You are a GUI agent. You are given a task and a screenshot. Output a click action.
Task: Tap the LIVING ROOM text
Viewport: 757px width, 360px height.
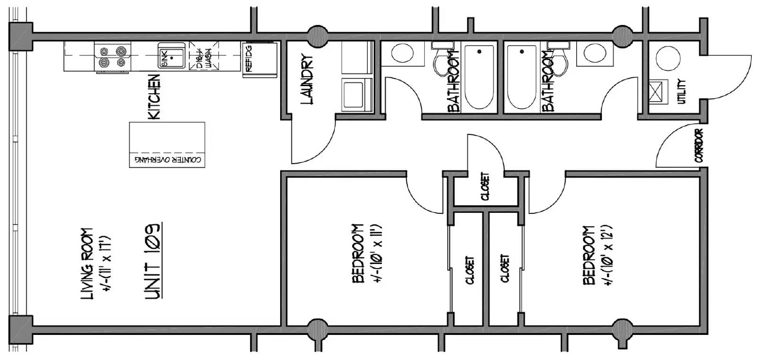point(87,264)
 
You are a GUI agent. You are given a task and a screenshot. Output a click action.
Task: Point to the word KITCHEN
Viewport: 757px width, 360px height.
point(154,97)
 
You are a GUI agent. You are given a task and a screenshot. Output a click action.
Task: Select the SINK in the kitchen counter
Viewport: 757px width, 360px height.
point(172,55)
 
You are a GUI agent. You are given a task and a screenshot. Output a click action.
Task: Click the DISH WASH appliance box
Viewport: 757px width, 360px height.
point(204,56)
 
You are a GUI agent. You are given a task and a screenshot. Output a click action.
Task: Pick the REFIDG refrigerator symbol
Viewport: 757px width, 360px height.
point(260,60)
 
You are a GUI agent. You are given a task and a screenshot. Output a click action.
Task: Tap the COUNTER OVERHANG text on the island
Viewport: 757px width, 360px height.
point(167,159)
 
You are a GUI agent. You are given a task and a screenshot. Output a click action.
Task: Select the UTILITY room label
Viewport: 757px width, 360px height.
point(682,91)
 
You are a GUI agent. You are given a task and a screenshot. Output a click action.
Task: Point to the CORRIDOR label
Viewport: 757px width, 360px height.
point(699,145)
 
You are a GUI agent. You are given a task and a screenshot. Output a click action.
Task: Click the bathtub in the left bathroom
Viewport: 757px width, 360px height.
point(479,77)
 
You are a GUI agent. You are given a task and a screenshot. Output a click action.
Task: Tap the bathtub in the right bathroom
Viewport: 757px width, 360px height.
point(522,77)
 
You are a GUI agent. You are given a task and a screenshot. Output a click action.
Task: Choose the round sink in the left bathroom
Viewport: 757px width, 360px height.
point(402,53)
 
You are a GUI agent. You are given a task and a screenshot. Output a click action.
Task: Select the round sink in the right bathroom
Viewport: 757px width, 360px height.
point(595,53)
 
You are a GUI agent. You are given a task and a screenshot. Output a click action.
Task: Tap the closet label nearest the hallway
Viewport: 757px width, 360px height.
point(485,186)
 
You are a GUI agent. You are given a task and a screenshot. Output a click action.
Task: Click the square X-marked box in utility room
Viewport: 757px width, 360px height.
point(658,92)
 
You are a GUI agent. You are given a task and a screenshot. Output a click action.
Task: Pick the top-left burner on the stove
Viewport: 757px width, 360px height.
point(104,52)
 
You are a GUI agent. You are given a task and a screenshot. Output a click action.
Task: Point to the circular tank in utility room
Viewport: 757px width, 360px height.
point(668,58)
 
